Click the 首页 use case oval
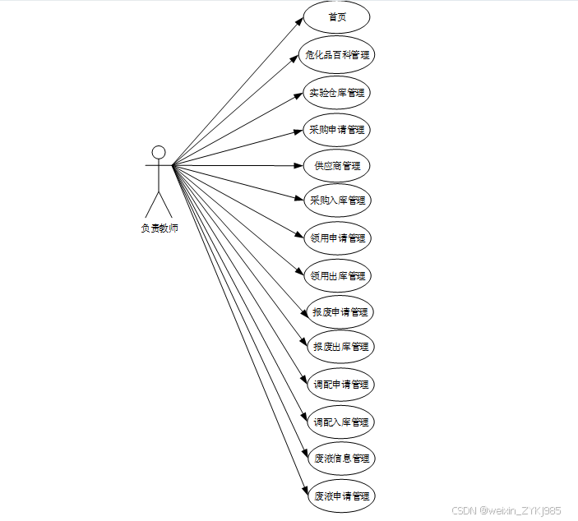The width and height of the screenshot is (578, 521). click(336, 17)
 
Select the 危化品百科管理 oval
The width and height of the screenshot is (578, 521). click(336, 55)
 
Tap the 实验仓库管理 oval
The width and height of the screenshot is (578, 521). click(336, 92)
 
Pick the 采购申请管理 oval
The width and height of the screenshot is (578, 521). click(336, 129)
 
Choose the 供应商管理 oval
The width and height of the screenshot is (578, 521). click(336, 165)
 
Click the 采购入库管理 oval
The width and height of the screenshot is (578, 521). click(336, 200)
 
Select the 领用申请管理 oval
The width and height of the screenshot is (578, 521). click(336, 238)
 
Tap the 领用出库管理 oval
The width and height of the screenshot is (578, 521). click(336, 275)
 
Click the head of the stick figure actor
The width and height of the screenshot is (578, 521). click(159, 152)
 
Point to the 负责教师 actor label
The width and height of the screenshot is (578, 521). click(159, 228)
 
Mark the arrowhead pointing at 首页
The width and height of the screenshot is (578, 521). click(299, 21)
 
